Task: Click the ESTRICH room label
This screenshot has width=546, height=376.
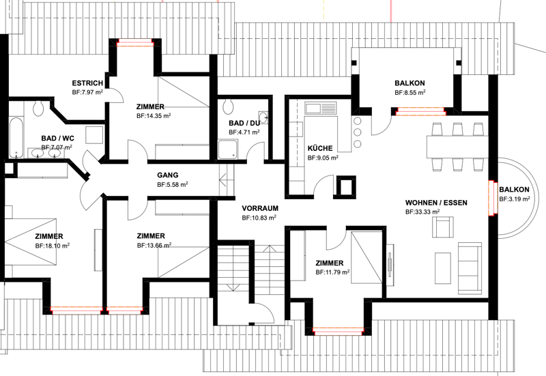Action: tap(87, 83)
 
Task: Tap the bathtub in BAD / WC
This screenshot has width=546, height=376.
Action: tap(16, 138)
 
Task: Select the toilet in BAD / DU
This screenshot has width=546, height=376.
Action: tap(229, 106)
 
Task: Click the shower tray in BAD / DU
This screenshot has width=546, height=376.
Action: tap(228, 149)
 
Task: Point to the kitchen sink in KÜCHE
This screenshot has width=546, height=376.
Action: tap(321, 108)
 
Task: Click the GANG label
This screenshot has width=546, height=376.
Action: tap(167, 175)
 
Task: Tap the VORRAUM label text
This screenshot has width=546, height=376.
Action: tap(260, 209)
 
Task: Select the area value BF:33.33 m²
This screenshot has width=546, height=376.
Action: tap(422, 212)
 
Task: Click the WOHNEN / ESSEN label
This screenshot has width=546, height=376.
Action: tap(436, 203)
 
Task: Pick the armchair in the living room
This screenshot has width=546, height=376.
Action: tap(443, 227)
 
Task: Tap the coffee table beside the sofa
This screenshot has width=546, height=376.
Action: tap(442, 268)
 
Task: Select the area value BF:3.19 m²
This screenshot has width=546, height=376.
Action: tap(515, 199)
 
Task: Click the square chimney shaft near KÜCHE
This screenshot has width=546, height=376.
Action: tap(345, 186)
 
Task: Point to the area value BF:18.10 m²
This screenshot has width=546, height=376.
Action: tap(53, 246)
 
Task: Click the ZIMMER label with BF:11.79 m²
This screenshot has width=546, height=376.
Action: tap(330, 263)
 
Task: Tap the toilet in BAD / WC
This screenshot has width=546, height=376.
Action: tap(38, 108)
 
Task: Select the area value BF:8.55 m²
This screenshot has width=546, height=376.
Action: tap(410, 93)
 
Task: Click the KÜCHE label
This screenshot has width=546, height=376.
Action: tap(320, 148)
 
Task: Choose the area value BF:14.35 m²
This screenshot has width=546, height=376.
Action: tap(154, 116)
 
